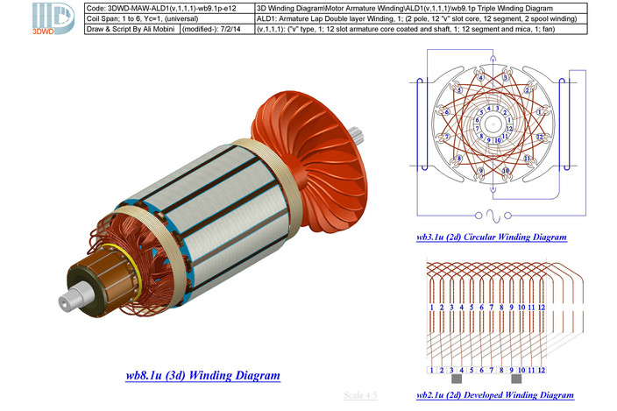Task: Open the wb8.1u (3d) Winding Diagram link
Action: tap(202, 376)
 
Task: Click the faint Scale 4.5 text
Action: tap(360, 395)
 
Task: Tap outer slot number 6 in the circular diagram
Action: tap(446, 112)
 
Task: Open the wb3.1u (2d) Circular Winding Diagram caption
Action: tap(492, 237)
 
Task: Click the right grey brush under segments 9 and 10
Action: tap(517, 382)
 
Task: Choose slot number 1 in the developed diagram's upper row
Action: tap(432, 308)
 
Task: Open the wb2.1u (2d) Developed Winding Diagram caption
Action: tap(495, 395)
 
